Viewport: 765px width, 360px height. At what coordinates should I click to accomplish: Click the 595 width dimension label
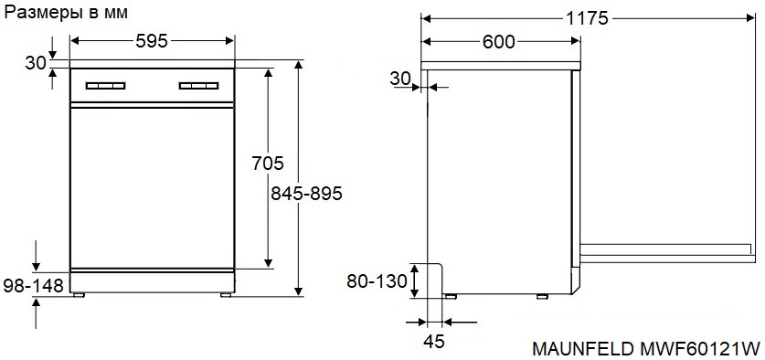click(x=151, y=41)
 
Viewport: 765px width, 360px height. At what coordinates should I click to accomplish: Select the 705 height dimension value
click(x=268, y=163)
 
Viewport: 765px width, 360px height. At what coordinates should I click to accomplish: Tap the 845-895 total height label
click(x=306, y=194)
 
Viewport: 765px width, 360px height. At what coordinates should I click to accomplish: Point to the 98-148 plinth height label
click(x=33, y=285)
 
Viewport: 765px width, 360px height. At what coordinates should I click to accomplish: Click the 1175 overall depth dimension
click(x=588, y=18)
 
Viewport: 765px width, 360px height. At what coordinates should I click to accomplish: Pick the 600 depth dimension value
click(x=499, y=42)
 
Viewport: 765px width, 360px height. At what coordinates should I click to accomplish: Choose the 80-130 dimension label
click(x=377, y=281)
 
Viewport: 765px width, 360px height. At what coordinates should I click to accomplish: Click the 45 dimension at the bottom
click(x=434, y=342)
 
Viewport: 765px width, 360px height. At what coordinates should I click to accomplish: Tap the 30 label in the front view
click(x=35, y=62)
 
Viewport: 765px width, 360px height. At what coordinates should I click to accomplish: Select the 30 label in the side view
click(x=400, y=78)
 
